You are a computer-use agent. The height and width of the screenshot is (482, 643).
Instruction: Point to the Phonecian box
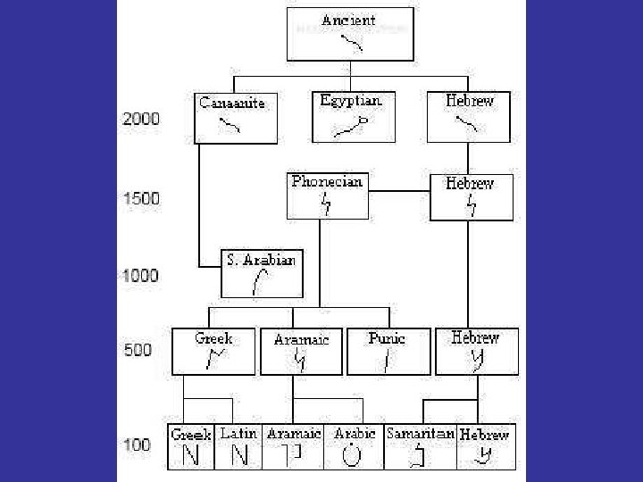[x=328, y=195]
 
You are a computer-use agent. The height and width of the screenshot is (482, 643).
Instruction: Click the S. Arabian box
[x=262, y=274]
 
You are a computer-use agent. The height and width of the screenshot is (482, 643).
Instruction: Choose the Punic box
[x=388, y=352]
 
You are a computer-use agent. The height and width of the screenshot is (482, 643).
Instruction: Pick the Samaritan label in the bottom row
[x=421, y=433]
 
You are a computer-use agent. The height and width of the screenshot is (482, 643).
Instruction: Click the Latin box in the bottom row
[x=238, y=447]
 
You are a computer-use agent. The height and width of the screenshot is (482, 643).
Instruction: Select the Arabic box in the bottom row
[x=355, y=447]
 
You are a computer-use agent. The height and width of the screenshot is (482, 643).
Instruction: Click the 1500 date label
[x=141, y=198]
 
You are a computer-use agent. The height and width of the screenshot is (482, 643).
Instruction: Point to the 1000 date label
[x=141, y=275]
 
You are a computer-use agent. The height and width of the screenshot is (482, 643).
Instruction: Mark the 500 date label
[x=138, y=350]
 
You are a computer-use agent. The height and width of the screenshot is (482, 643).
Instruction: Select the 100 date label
[x=137, y=444]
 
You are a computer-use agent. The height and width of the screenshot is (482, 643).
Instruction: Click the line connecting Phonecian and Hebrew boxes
[x=399, y=190]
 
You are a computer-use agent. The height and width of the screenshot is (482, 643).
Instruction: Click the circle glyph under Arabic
[x=352, y=455]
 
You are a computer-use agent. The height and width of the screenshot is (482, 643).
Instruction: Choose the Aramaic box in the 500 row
[x=302, y=353]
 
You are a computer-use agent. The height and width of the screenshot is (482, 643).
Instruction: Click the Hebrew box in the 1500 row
[x=471, y=197]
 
